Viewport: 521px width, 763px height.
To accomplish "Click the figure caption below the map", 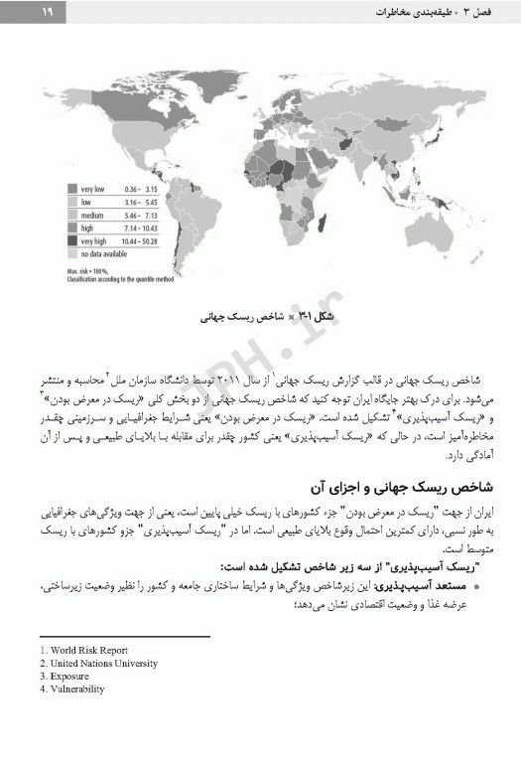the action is (263, 320).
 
